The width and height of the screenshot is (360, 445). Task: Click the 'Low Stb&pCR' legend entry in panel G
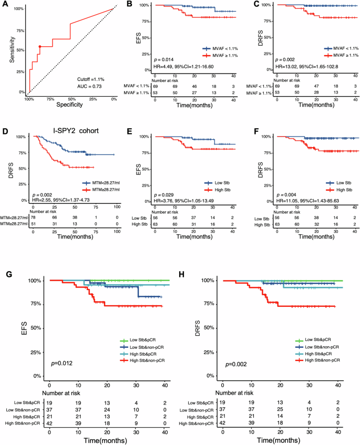tap(145, 340)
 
